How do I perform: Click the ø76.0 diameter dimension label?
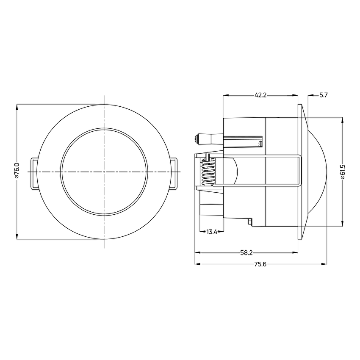[x=17, y=171]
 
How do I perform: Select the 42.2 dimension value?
[x=260, y=95]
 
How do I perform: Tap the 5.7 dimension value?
[x=324, y=95]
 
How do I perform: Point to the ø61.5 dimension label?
[x=343, y=172]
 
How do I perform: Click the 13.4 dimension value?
[x=212, y=232]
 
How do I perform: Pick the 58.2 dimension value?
[x=246, y=253]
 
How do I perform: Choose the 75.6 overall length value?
[x=260, y=264]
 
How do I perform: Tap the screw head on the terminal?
[x=196, y=139]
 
